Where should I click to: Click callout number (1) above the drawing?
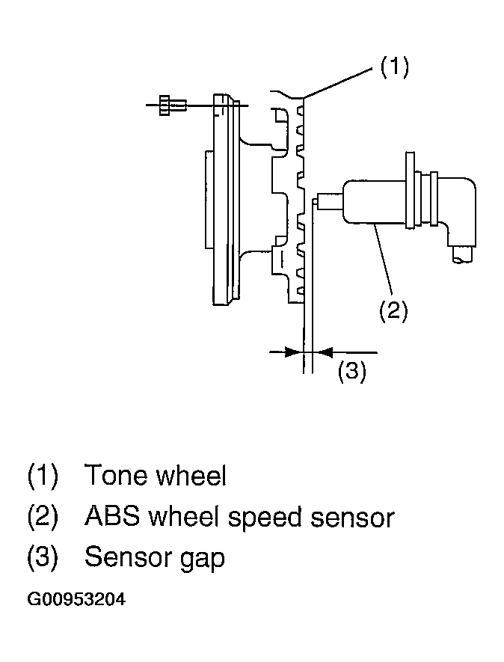click(x=395, y=67)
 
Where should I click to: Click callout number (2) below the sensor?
click(x=393, y=311)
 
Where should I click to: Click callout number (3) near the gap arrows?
click(x=351, y=371)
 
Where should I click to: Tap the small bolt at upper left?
click(x=172, y=104)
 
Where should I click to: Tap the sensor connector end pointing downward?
click(x=462, y=254)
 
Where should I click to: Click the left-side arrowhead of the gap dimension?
click(x=293, y=352)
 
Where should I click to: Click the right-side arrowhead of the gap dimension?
click(x=323, y=352)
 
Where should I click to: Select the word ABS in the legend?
click(x=112, y=516)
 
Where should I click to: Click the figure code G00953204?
click(x=76, y=599)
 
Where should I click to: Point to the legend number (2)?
click(x=42, y=517)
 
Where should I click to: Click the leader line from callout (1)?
click(x=339, y=83)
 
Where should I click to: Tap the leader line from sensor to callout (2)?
click(x=384, y=258)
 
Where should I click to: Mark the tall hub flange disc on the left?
click(x=223, y=199)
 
